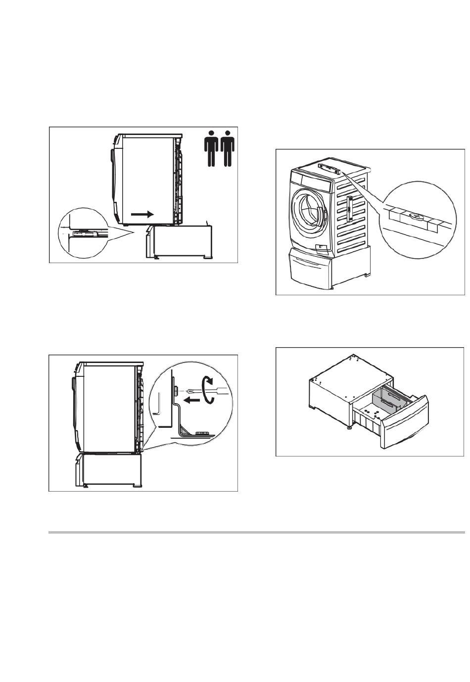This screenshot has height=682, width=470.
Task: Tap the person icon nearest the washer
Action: pyautogui.click(x=211, y=148)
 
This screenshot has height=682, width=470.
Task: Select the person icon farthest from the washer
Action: pyautogui.click(x=228, y=148)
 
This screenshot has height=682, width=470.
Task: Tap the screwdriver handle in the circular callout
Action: pyautogui.click(x=220, y=391)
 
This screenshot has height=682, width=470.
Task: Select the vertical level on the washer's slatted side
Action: pyautogui.click(x=349, y=208)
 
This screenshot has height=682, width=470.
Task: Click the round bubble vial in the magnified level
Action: pyautogui.click(x=415, y=216)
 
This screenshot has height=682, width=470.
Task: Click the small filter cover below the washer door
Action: pyautogui.click(x=320, y=246)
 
